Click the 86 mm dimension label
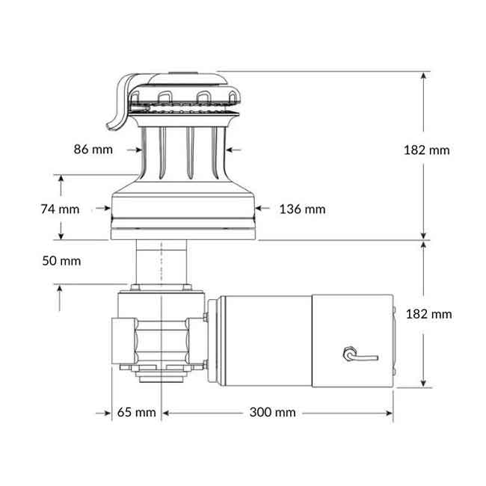(93, 149)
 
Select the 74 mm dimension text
(60, 209)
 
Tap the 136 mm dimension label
(302, 209)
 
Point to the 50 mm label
(61, 261)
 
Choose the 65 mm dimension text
(137, 413)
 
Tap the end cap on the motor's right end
(393, 340)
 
